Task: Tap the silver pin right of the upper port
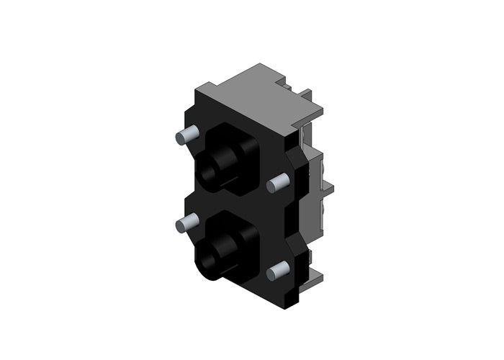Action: pos(276,185)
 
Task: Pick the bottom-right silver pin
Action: pos(277,271)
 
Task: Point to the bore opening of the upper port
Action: pos(209,174)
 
